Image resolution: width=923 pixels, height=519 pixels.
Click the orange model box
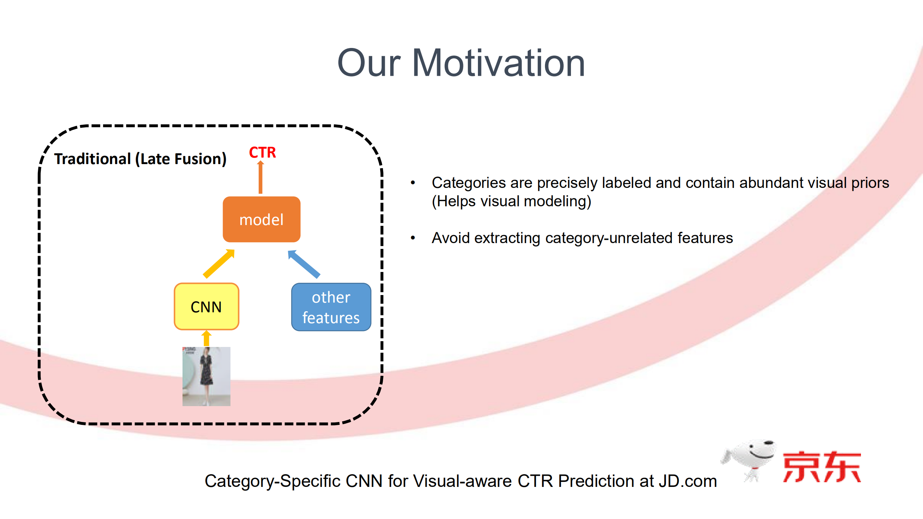[261, 219]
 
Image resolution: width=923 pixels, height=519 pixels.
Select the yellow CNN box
[206, 307]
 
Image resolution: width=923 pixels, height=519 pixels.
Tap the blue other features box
[331, 307]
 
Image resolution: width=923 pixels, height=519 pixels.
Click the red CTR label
[262, 152]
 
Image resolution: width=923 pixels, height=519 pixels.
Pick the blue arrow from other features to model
[304, 264]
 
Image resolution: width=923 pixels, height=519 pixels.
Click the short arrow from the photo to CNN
[206, 338]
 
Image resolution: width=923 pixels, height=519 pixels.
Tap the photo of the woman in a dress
[206, 376]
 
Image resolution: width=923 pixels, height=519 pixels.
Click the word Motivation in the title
[498, 63]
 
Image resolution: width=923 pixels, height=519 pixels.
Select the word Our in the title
[369, 63]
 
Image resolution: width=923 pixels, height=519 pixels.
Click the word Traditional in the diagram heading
[92, 159]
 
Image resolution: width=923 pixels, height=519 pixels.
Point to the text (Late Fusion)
[181, 159]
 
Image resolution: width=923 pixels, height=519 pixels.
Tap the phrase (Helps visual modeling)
[511, 201]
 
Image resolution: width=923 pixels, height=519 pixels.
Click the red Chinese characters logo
[822, 467]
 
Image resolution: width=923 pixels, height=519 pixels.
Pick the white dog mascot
[750, 460]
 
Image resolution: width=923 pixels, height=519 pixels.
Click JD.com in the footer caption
[688, 481]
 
